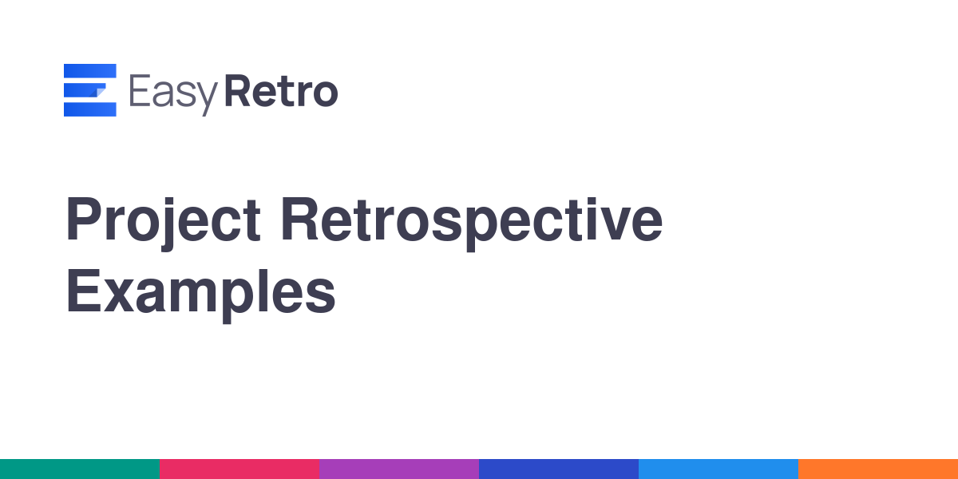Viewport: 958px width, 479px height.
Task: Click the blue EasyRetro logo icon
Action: click(89, 89)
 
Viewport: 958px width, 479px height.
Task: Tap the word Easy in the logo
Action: click(174, 94)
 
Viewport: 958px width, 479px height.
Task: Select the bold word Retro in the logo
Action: click(281, 91)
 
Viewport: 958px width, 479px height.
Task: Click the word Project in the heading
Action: click(163, 224)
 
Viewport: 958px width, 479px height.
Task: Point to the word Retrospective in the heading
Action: click(472, 224)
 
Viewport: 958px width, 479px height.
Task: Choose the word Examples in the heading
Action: click(201, 295)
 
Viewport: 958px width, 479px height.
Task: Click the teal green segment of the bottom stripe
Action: click(80, 469)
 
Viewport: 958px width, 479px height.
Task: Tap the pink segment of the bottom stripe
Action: click(239, 469)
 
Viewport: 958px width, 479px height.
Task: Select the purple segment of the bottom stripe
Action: click(399, 469)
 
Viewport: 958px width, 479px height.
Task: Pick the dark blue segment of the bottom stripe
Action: click(559, 469)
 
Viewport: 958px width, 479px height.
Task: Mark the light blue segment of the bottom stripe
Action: click(718, 469)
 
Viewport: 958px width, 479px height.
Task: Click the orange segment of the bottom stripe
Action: click(878, 469)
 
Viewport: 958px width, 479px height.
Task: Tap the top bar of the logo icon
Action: click(89, 70)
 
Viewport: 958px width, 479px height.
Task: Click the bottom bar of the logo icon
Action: click(89, 109)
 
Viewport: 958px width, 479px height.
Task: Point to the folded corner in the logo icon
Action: click(98, 91)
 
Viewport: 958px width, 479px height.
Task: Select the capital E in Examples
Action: click(83, 291)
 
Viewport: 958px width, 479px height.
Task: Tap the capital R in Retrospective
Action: click(299, 219)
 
